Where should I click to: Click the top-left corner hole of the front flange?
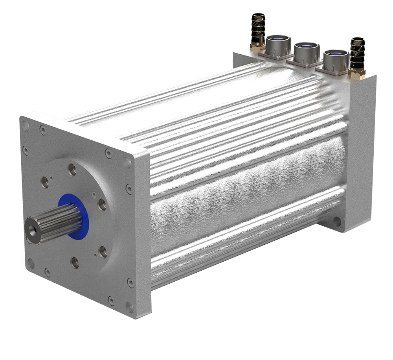[x=26, y=127]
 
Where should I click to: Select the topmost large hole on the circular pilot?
[x=73, y=170]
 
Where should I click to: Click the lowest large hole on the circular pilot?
[x=74, y=262]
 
